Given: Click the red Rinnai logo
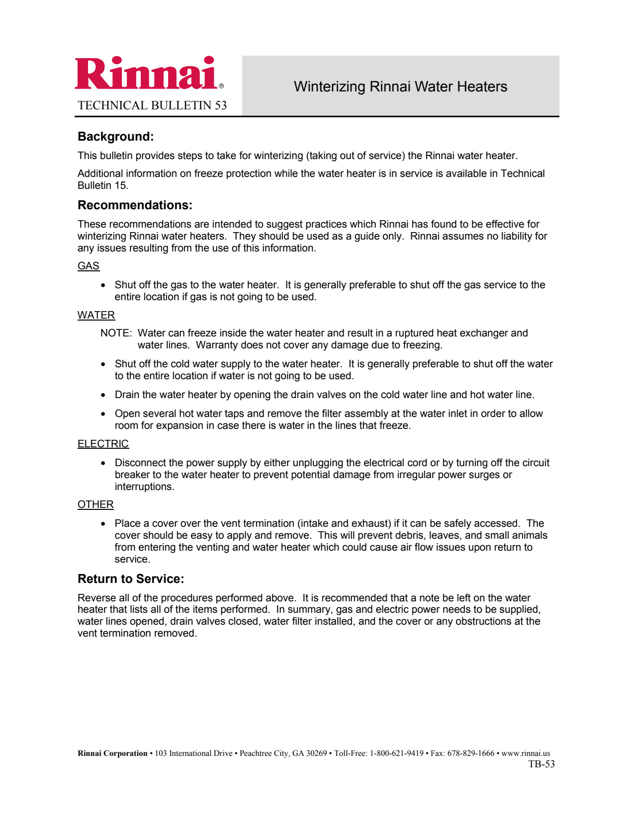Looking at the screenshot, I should [x=147, y=74].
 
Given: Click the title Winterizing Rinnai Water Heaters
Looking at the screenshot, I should [x=400, y=86].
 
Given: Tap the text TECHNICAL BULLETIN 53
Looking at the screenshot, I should [x=152, y=105].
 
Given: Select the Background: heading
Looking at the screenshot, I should [x=116, y=137].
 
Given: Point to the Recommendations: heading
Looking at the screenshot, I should [x=135, y=205].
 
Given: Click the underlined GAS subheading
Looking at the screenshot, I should [x=89, y=266].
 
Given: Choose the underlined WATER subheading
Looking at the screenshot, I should [x=96, y=315].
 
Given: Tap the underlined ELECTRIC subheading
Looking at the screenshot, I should [x=103, y=444].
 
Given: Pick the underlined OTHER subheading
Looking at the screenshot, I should [x=95, y=504].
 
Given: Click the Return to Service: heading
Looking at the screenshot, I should [x=131, y=579].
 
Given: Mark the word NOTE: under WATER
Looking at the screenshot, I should [x=116, y=333].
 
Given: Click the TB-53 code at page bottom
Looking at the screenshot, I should [x=542, y=764].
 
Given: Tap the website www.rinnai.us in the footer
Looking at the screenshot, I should [x=526, y=753].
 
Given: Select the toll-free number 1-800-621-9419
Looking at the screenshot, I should [x=396, y=753].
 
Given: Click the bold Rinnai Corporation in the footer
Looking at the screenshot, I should [x=112, y=753].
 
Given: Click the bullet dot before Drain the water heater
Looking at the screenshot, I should [x=103, y=395].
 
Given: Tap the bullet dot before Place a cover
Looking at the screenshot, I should [x=103, y=524].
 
